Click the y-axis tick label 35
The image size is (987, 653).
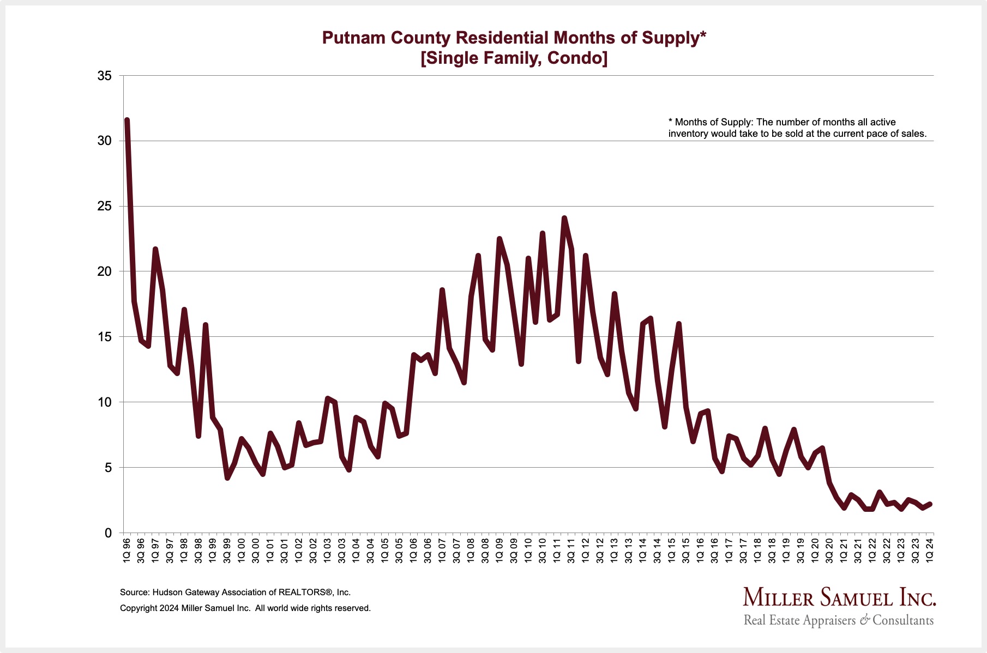click(x=104, y=76)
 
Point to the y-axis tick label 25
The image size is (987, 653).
click(x=104, y=207)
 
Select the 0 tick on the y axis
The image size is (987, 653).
click(x=108, y=533)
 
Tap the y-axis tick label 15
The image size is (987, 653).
click(x=104, y=337)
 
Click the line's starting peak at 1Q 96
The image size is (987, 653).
click(x=127, y=120)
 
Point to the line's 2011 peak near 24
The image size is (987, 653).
click(x=564, y=218)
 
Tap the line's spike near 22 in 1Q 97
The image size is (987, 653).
click(x=155, y=249)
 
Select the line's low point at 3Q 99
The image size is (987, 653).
click(x=227, y=478)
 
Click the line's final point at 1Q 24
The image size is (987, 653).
click(x=930, y=504)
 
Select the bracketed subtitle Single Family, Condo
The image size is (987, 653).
click(x=514, y=58)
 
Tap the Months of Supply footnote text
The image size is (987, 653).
click(x=797, y=128)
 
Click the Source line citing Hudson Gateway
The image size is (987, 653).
click(x=235, y=592)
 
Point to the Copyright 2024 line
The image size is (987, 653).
click(x=245, y=608)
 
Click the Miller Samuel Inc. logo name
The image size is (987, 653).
click(x=839, y=598)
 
